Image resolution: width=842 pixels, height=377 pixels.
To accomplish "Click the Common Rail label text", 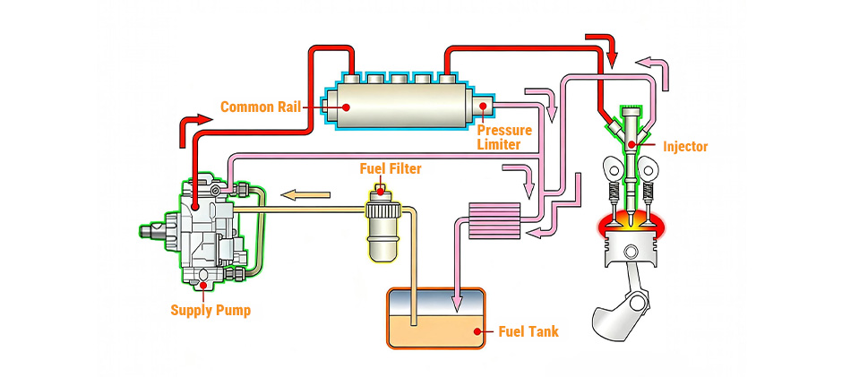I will click(x=259, y=107).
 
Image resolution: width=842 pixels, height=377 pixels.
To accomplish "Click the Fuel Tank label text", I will click(x=528, y=332).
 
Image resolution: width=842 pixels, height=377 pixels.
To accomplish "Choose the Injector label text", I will click(x=685, y=146).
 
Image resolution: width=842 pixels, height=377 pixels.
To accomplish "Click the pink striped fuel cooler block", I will click(x=494, y=218).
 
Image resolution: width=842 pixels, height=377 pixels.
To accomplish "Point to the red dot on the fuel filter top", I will click(x=382, y=189).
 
